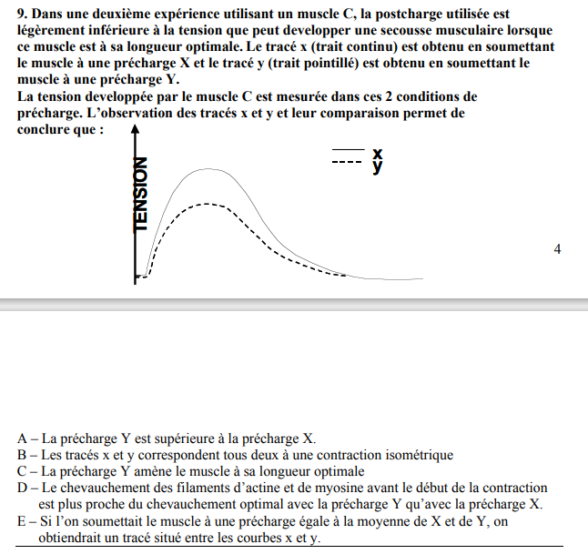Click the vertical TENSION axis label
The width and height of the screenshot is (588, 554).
(x=139, y=196)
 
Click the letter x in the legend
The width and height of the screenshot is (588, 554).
(x=377, y=152)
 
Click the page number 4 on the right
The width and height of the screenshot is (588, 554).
(x=557, y=248)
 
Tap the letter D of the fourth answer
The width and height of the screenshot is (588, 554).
(x=22, y=489)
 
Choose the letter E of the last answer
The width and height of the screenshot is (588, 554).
(x=22, y=522)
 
